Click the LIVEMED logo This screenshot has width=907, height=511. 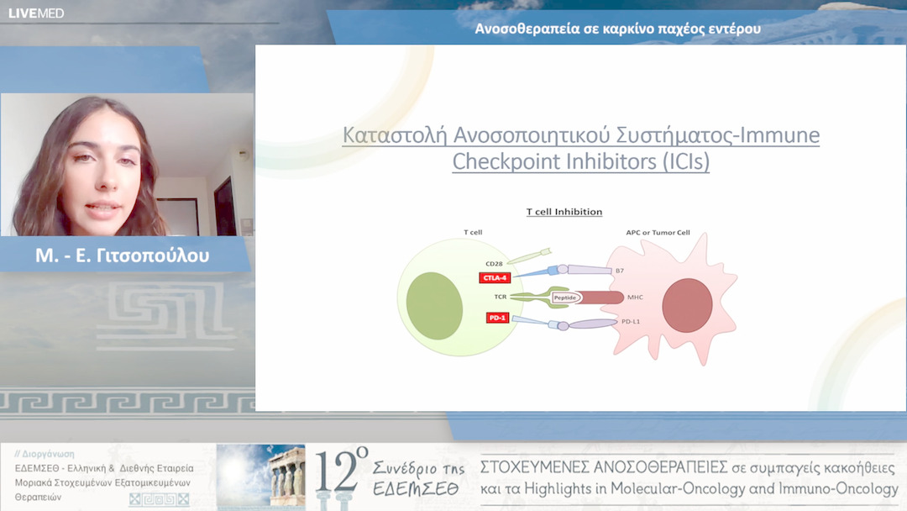(36, 13)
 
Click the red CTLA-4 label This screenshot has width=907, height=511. (495, 278)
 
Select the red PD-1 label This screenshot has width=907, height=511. (497, 318)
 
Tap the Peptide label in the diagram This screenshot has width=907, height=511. (565, 298)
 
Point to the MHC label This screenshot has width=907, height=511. (635, 297)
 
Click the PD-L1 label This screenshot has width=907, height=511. (631, 321)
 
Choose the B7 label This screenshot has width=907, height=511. (620, 271)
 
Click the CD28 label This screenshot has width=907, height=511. (494, 263)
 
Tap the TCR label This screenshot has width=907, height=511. (501, 297)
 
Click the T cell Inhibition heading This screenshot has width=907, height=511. (564, 212)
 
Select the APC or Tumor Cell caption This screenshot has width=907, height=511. (658, 232)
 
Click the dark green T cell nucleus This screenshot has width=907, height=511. (434, 306)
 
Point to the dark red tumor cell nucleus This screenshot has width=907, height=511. (687, 306)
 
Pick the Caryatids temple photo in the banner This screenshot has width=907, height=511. (261, 477)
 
